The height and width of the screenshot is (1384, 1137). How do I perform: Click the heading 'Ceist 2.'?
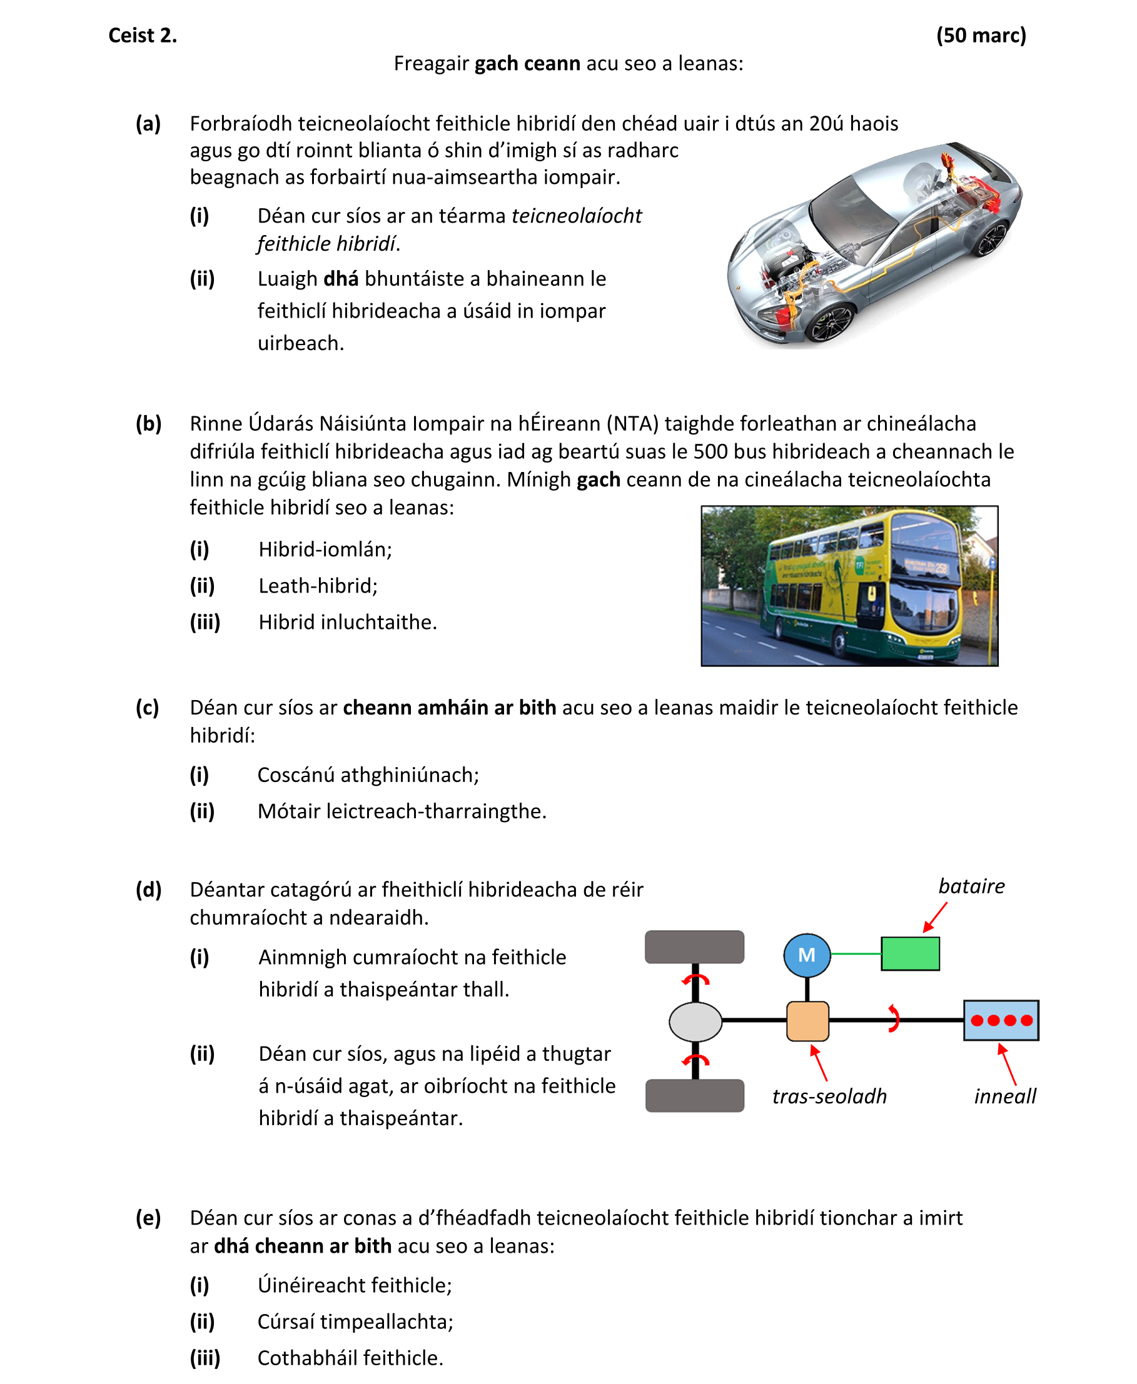142,36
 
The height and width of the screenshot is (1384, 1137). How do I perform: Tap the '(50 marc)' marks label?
981,36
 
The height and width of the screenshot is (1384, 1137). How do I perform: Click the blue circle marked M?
807,955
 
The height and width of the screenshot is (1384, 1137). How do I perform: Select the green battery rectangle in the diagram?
910,953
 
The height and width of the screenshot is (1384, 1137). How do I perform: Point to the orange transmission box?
807,1021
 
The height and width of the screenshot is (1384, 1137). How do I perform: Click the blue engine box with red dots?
1001,1020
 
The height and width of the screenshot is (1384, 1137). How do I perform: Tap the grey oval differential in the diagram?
695,1021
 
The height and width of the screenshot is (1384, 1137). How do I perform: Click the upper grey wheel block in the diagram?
694,946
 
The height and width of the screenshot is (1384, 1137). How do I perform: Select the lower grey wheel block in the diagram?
694,1096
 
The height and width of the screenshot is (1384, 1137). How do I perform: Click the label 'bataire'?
971,886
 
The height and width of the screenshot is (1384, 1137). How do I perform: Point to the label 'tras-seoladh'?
829,1096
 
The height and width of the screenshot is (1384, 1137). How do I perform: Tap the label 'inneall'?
1004,1096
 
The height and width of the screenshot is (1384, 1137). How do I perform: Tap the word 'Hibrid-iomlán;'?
325,549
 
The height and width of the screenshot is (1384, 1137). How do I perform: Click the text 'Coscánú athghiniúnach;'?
368,775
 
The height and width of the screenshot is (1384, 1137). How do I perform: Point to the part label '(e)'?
149,1218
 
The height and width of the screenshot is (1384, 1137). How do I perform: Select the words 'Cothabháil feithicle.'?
350,1358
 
